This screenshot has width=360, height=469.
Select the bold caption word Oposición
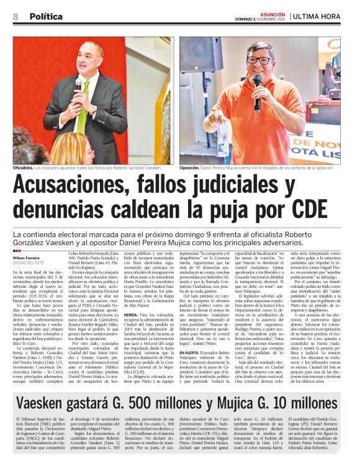click(x=189, y=168)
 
